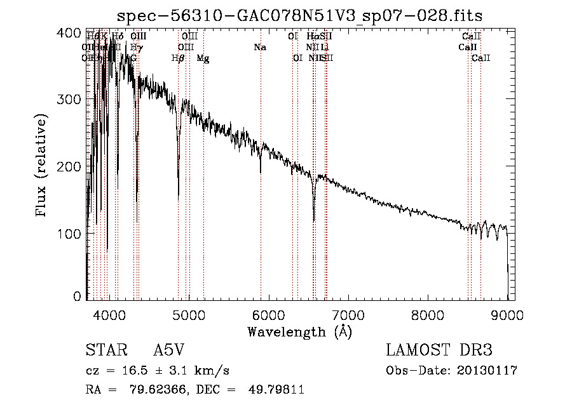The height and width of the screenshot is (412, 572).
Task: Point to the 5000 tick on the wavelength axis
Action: tap(189, 314)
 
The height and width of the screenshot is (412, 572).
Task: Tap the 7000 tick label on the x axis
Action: tap(348, 314)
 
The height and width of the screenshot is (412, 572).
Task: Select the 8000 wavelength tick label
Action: tap(428, 314)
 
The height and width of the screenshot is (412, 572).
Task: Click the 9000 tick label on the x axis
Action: tap(507, 314)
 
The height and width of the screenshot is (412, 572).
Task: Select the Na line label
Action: tap(259, 48)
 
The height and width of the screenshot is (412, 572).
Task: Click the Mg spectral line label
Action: tap(203, 58)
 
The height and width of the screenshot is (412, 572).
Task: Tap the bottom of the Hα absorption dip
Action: tap(314, 220)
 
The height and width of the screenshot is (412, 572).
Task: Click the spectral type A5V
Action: tap(170, 351)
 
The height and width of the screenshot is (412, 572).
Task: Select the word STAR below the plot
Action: tap(105, 351)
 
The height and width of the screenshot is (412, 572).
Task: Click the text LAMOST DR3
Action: tap(439, 350)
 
